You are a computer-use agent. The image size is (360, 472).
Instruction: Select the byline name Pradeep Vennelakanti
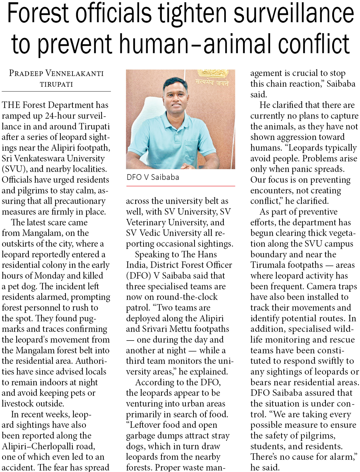(x=56, y=73)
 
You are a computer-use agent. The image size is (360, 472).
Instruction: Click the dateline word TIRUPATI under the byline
(x=56, y=84)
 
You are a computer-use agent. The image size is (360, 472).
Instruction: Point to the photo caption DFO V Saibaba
(x=153, y=177)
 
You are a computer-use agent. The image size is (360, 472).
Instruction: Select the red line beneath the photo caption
(x=181, y=186)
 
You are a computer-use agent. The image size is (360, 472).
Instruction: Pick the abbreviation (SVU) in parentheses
(x=13, y=169)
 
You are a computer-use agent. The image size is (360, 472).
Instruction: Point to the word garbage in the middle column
(x=141, y=436)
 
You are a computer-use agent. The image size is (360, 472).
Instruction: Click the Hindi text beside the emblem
(x=212, y=83)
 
